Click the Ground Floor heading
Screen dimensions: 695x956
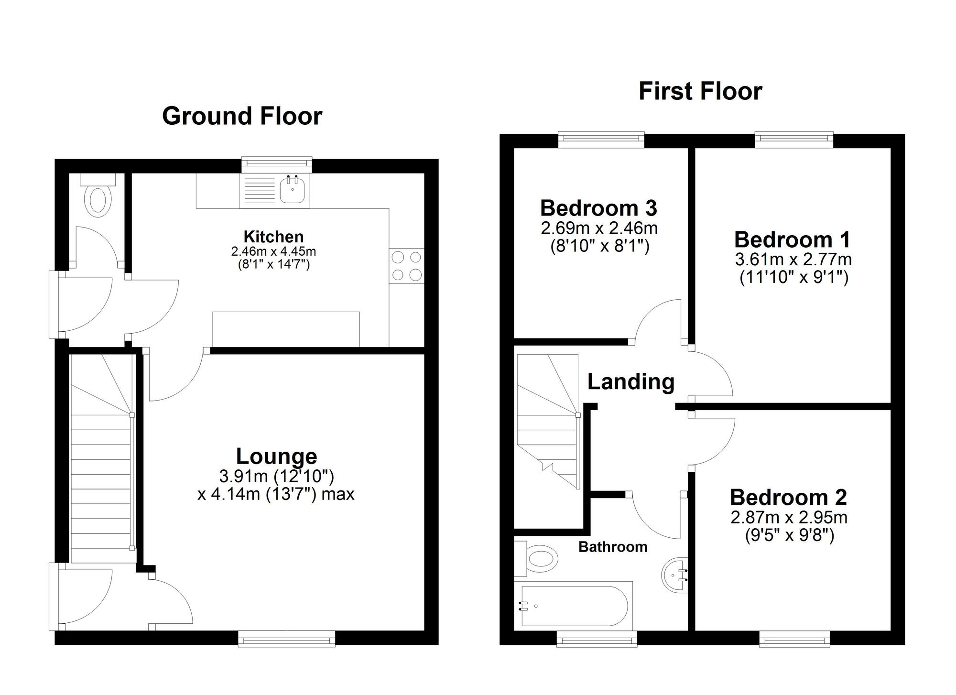(x=242, y=116)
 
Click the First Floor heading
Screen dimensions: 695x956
(x=700, y=91)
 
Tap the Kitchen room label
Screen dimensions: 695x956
(x=273, y=237)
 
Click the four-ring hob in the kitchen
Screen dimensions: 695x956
(x=407, y=266)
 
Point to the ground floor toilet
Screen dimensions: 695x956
(x=98, y=199)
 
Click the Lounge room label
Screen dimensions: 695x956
(x=276, y=456)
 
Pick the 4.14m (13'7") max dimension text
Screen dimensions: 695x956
(x=276, y=494)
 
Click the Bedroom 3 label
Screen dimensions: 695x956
(x=598, y=208)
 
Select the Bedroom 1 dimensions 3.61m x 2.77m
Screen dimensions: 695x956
(x=793, y=260)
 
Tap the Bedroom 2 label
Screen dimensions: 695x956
(x=788, y=498)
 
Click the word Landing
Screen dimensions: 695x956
(x=630, y=381)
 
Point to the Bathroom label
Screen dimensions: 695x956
(x=612, y=547)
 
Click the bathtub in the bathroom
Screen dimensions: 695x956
(x=574, y=606)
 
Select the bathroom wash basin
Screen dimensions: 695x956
(x=675, y=576)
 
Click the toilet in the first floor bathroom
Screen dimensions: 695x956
(x=540, y=558)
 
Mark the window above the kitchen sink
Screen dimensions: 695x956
(x=277, y=164)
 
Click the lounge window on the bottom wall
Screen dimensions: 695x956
(x=286, y=639)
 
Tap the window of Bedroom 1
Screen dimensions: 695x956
(x=794, y=140)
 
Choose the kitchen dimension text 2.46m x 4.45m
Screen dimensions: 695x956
(x=273, y=251)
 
